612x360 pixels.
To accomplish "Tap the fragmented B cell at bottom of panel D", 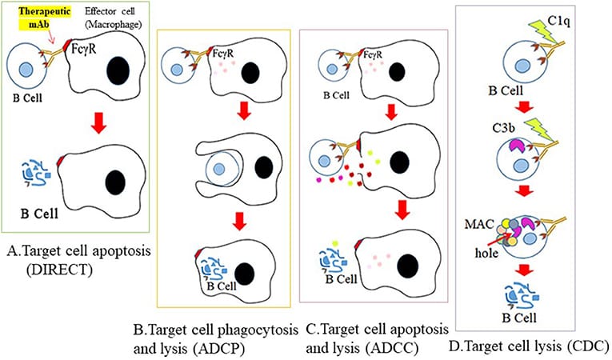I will pos(524,295).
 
